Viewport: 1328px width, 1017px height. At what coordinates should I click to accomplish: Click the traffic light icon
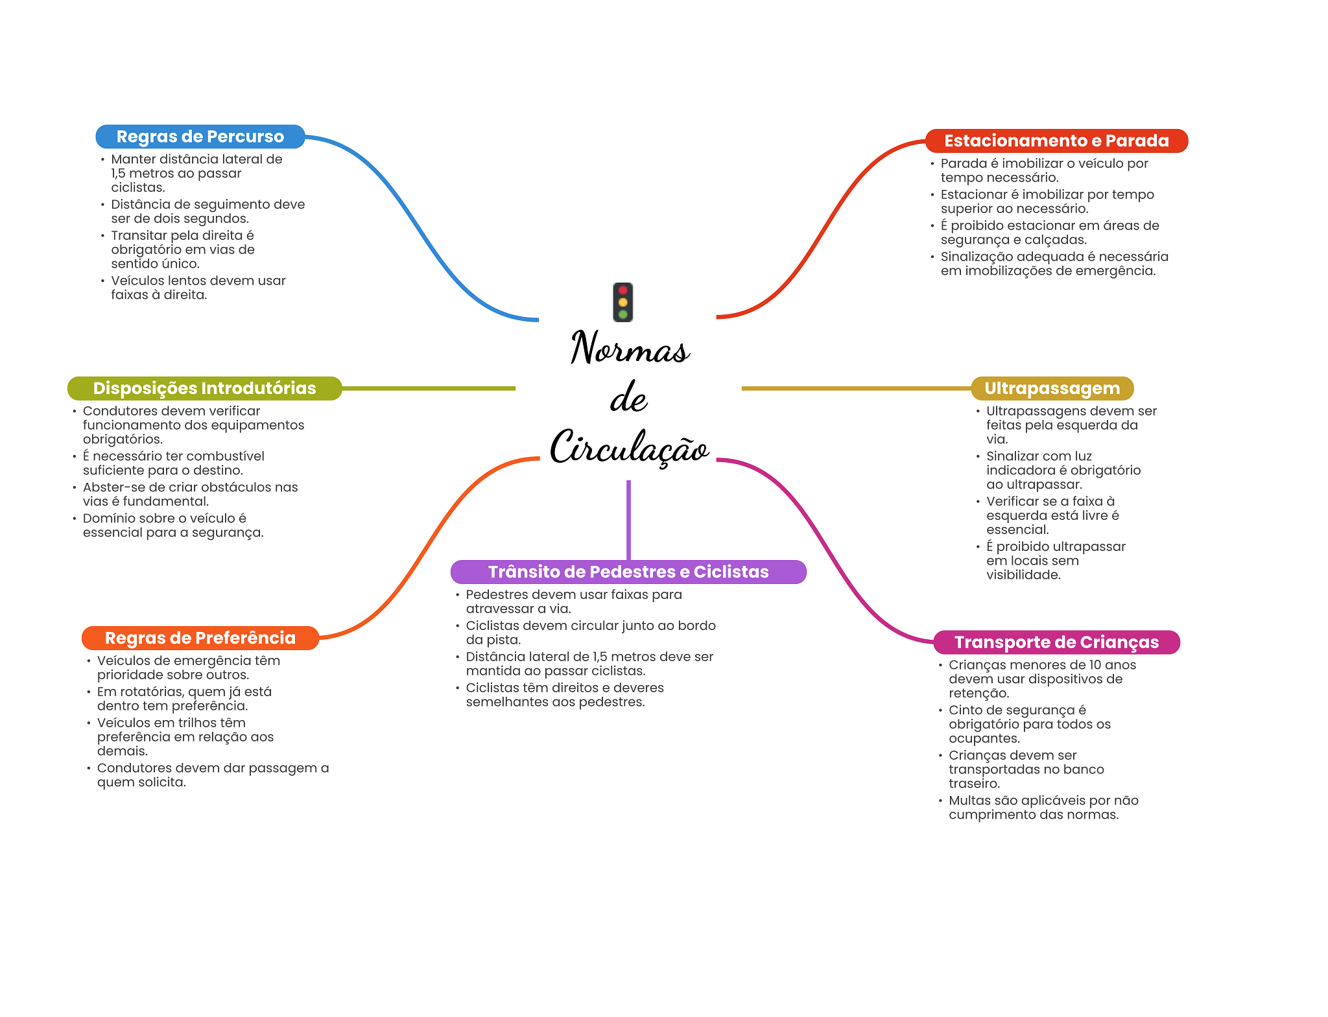tap(622, 302)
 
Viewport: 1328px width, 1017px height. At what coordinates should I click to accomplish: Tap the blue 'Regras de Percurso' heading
tap(200, 137)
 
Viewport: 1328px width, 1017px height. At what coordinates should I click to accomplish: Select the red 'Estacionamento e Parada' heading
tap(1056, 141)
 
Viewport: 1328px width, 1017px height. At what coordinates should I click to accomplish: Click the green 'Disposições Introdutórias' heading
tap(204, 388)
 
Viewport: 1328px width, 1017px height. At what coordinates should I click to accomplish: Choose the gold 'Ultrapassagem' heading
tap(1052, 388)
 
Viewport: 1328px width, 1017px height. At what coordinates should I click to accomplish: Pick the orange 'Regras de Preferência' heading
tap(200, 638)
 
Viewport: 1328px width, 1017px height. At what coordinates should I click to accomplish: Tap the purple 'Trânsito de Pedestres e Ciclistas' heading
tap(628, 572)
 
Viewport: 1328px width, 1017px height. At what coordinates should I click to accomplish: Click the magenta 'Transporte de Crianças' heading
tap(1056, 642)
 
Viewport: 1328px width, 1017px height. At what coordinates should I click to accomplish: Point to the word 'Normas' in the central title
tap(629, 348)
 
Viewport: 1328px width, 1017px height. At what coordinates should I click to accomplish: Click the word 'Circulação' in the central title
tap(629, 447)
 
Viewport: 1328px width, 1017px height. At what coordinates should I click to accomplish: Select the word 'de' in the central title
tap(628, 397)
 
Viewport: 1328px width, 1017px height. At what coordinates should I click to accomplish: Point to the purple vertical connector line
tap(628, 519)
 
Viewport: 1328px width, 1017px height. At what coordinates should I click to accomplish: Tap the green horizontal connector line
tap(428, 388)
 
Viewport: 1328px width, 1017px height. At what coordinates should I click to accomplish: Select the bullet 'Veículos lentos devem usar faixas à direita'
tap(198, 288)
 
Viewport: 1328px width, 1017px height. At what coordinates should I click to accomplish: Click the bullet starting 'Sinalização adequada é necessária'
tap(1054, 264)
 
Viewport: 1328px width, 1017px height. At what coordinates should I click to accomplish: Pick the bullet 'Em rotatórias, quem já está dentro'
tap(184, 699)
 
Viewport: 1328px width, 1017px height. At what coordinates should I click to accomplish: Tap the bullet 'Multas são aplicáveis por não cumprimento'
tap(1043, 808)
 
